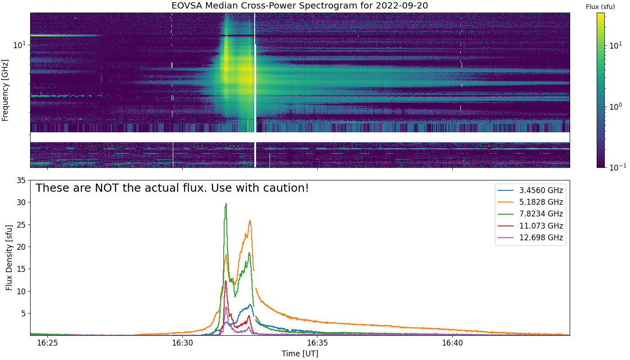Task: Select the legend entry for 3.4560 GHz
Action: click(531, 190)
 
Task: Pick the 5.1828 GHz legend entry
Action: click(531, 202)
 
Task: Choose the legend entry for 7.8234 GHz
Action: click(531, 214)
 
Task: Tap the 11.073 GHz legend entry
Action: click(531, 226)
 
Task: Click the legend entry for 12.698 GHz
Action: click(531, 238)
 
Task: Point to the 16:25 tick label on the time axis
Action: click(48, 343)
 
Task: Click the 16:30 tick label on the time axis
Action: click(183, 343)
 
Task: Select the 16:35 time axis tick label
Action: click(318, 343)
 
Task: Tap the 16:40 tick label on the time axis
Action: click(453, 343)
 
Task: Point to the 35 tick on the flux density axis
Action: click(21, 180)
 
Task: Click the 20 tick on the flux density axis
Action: click(21, 247)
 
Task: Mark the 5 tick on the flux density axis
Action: click(23, 313)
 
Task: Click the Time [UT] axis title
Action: click(300, 354)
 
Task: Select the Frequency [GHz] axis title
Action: click(5, 90)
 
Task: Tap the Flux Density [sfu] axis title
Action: click(9, 257)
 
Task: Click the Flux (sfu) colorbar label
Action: click(600, 7)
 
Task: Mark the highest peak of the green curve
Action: click(226, 203)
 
